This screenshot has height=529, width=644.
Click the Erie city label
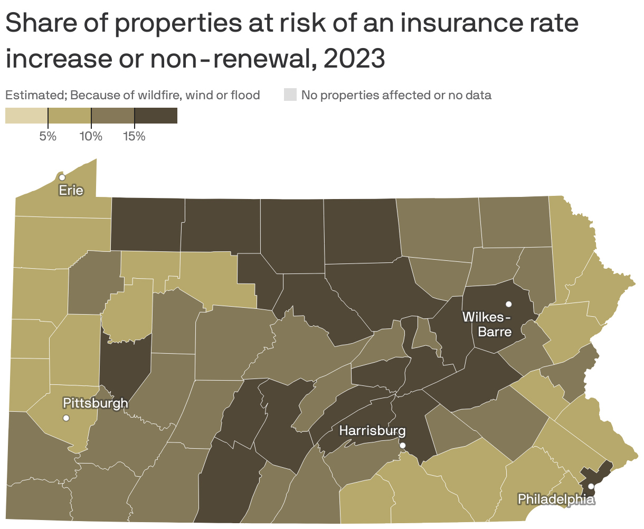tap(71, 190)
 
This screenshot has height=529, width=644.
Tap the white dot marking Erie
tap(62, 177)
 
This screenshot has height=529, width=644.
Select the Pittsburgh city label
tap(95, 403)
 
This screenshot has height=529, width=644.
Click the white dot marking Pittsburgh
tap(66, 418)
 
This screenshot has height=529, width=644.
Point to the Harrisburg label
tap(372, 431)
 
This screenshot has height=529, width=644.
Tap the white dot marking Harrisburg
tap(403, 446)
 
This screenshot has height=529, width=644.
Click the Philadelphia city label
tap(556, 499)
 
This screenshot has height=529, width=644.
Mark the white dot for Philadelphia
tap(591, 486)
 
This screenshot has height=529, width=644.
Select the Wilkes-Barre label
tap(487, 324)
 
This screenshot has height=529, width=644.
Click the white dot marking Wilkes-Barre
tap(508, 304)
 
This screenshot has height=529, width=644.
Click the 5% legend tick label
tap(48, 137)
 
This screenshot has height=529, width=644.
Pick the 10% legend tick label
tap(91, 137)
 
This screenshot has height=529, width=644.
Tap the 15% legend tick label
tap(134, 137)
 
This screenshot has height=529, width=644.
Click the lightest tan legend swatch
tap(26, 116)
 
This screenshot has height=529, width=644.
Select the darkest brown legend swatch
tap(156, 116)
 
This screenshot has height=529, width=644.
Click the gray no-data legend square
tap(290, 95)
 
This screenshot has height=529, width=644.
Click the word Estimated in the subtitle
tap(35, 95)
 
